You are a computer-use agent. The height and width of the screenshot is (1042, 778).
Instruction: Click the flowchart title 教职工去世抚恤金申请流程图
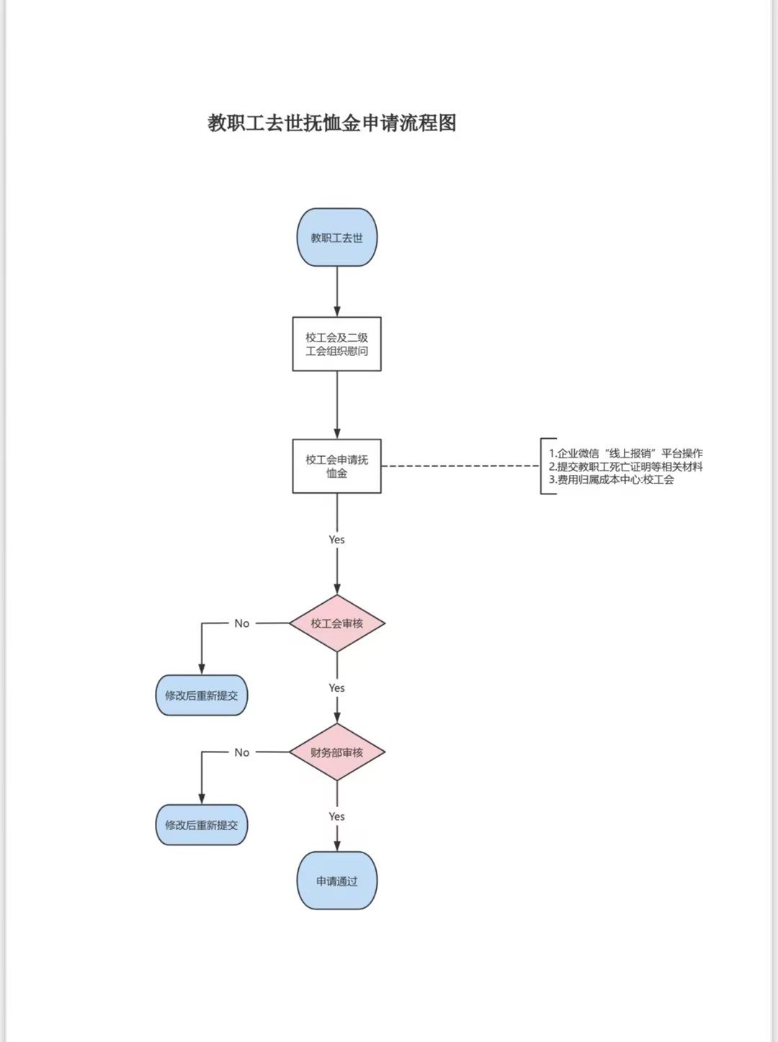[x=331, y=123]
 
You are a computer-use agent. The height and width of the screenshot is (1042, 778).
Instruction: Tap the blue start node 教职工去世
[x=337, y=237]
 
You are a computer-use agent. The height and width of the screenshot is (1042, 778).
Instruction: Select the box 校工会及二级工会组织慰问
[x=337, y=344]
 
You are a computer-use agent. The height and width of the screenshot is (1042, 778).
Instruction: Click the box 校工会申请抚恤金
[x=337, y=466]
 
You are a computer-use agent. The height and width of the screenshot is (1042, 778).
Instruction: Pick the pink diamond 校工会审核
[x=337, y=623]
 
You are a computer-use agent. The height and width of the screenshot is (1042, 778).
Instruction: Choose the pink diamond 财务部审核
[x=337, y=752]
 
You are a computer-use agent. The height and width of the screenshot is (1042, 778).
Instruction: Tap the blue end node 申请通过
[x=337, y=881]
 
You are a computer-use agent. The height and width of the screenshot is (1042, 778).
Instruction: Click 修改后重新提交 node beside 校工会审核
[x=202, y=695]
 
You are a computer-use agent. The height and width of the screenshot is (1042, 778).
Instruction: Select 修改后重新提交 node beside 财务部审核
[x=202, y=825]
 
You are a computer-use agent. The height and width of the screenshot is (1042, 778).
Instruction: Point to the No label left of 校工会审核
[x=242, y=623]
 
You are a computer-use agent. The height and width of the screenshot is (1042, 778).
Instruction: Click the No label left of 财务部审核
[x=242, y=752]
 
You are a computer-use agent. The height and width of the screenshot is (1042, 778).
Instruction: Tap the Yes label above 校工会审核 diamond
[x=337, y=540]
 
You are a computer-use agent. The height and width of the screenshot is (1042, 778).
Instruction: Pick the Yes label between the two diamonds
[x=337, y=688]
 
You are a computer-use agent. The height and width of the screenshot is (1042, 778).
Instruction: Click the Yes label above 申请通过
[x=337, y=816]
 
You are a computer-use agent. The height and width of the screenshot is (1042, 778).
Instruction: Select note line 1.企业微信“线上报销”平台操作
[x=626, y=453]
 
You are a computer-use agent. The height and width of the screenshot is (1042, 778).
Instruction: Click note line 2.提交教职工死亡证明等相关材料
[x=626, y=467]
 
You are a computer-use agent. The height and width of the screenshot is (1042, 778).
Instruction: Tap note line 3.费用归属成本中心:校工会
[x=612, y=479]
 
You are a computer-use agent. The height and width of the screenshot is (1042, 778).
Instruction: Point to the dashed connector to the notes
[x=460, y=466]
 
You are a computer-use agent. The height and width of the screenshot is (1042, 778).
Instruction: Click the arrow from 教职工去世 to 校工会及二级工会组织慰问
[x=337, y=291]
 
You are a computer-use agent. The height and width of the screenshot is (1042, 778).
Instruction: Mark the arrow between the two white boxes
[x=337, y=405]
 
